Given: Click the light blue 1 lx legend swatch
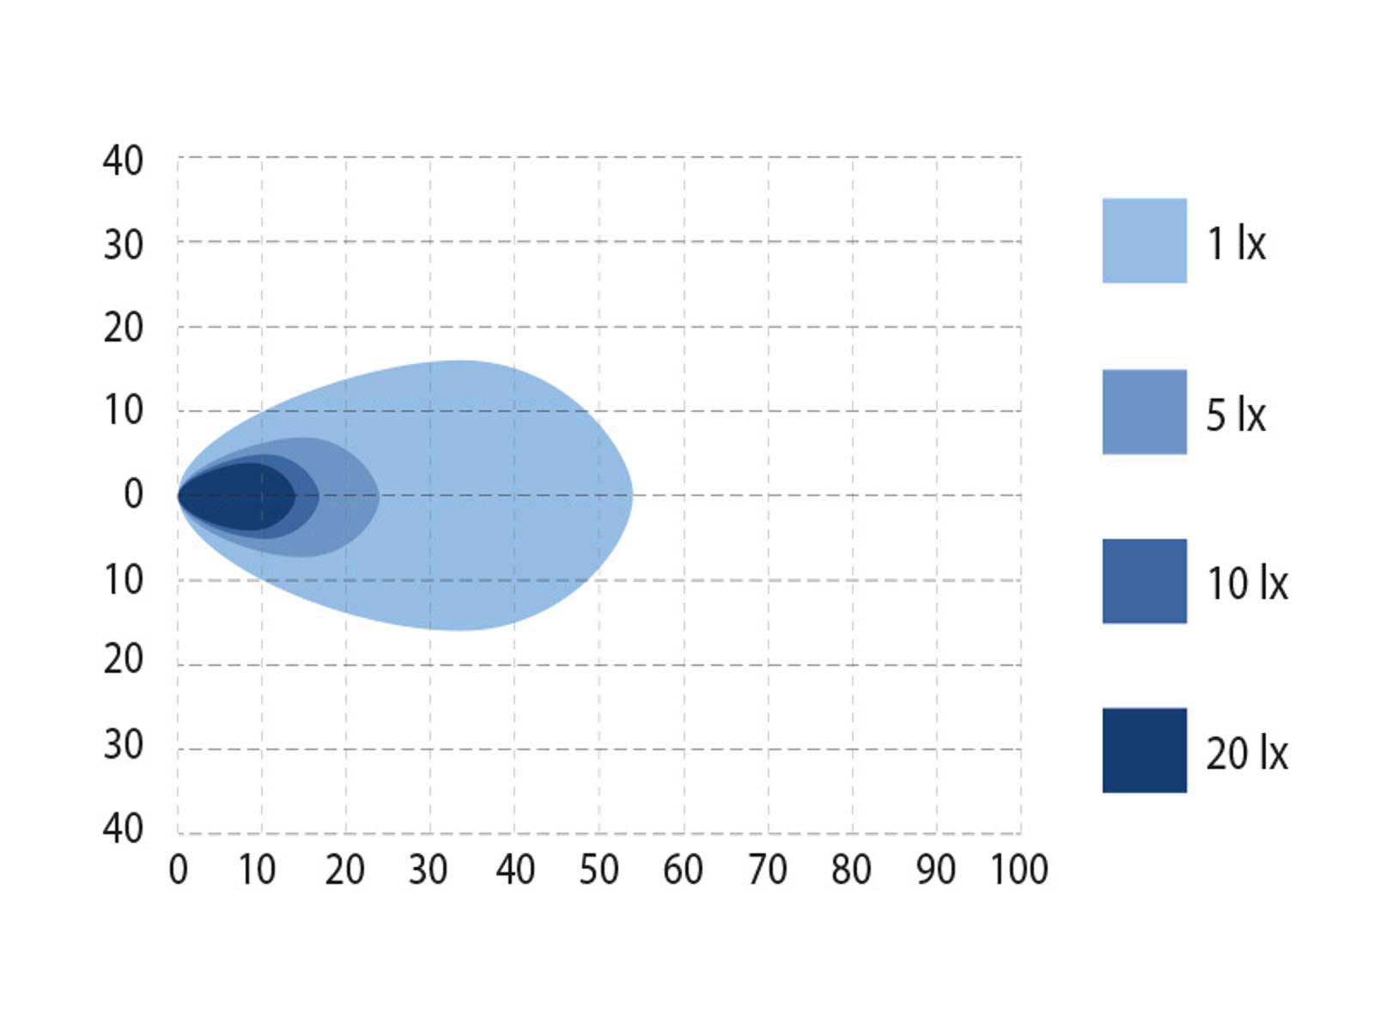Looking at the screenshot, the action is point(1144,240).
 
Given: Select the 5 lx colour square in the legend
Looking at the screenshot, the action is point(1144,411).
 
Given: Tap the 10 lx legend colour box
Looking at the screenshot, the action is point(1144,581).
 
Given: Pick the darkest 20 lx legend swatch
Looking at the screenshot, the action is point(1144,750).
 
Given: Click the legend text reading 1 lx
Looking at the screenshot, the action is point(1236,242).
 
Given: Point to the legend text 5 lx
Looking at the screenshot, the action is point(1236,414).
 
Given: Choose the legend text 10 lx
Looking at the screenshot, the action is point(1247,583).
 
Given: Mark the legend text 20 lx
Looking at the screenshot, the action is point(1247,753).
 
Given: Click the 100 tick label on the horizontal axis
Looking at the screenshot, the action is point(1019,869).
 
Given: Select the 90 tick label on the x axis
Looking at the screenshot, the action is point(936,869).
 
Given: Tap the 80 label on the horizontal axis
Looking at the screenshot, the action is point(851,869).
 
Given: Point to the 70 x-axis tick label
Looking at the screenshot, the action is point(768,869).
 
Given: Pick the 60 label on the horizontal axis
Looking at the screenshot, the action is point(683,869).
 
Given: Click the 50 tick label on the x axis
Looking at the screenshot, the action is point(599,869).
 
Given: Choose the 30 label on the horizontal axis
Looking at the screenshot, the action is point(429,869).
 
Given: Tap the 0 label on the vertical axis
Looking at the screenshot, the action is point(133,494).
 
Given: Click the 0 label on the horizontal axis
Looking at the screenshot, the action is point(178,869).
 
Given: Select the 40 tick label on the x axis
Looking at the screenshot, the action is point(514,869).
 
